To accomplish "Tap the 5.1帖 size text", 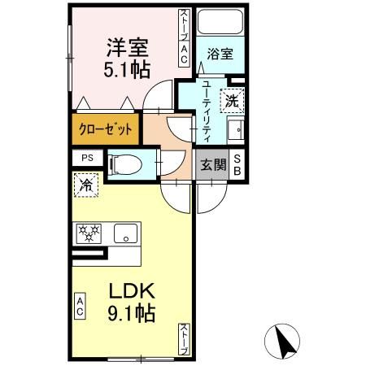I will coord(125,69).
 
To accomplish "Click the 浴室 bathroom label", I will coord(220,54).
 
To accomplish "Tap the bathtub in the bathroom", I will coord(220,24).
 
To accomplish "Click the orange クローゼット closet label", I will coord(105,129).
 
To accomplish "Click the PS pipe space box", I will coord(86,159).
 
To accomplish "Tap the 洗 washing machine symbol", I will coord(232,102).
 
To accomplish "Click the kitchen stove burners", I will coord(88,234).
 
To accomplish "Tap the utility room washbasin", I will coord(235,129).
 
